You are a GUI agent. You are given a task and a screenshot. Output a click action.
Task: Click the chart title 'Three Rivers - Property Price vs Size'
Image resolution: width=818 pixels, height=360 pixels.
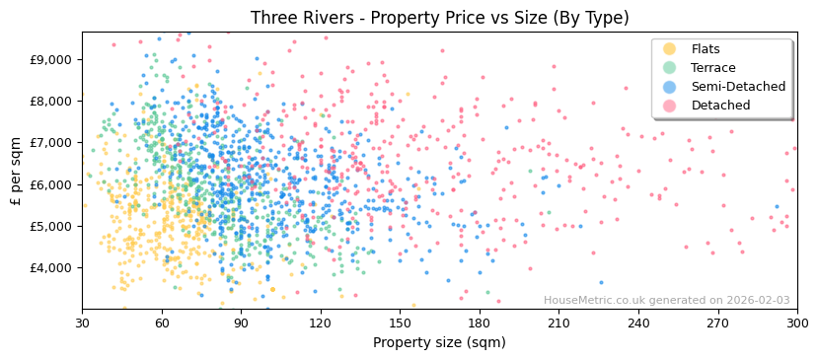point(439,18)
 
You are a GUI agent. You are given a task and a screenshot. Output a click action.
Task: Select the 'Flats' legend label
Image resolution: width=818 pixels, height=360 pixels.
point(705,49)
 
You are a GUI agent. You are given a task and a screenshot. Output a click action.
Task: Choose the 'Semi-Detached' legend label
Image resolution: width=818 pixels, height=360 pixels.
point(738,87)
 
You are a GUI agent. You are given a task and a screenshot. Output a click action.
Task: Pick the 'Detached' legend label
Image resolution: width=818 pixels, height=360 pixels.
point(719,106)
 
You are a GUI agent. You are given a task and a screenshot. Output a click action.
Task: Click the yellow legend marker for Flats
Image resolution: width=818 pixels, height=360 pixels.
point(670,49)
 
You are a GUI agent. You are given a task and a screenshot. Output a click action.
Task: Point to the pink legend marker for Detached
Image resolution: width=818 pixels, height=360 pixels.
point(670,106)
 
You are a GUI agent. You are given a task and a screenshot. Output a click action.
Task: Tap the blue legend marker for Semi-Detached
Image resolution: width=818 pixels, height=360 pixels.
point(670,87)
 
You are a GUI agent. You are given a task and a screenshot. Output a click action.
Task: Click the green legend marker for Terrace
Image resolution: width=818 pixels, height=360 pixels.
point(670,68)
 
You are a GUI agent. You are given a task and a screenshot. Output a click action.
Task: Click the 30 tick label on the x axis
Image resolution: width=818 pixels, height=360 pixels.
point(82,323)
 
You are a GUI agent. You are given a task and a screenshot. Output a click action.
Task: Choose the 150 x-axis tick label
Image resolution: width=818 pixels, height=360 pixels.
point(400,323)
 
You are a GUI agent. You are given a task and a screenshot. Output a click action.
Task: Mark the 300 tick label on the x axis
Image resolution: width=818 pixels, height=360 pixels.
point(796,323)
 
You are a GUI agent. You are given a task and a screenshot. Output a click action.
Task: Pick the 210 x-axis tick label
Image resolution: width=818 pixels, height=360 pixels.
point(558,323)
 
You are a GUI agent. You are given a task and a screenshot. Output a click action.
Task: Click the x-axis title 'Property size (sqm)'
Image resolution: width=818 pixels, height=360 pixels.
point(439,342)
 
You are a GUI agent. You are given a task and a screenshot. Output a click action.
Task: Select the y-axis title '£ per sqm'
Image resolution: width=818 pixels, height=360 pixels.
point(17,171)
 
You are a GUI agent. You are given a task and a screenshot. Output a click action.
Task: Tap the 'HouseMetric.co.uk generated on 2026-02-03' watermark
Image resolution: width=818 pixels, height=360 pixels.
point(666,301)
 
